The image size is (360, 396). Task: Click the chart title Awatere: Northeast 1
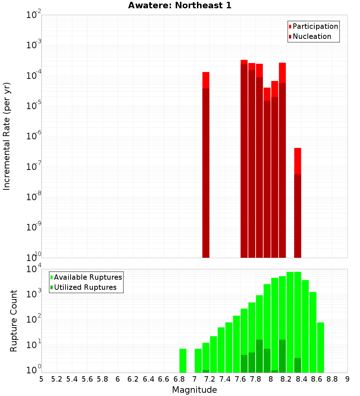tap(180, 5)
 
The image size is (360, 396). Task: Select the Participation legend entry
tap(315, 26)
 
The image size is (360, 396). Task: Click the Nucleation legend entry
tap(311, 36)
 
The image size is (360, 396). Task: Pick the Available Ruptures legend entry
tap(87, 277)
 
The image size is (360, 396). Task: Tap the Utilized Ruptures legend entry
tap(85, 287)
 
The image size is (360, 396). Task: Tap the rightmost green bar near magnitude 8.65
tap(320, 347)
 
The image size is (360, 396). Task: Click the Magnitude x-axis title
tap(194, 390)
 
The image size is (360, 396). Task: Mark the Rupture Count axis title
tap(14, 320)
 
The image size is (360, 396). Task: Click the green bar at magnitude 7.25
tap(213, 354)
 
